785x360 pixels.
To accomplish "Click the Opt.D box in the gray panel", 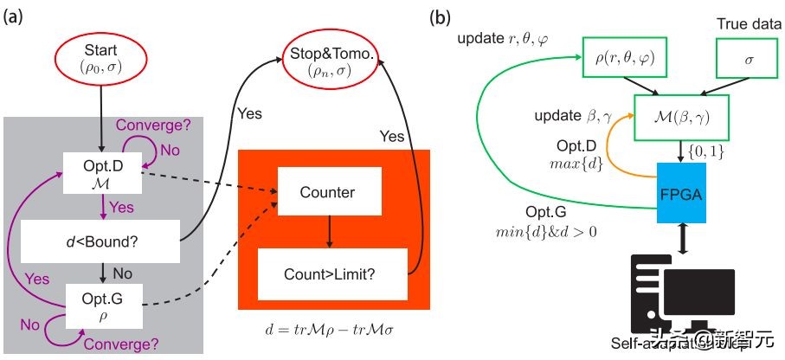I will (102, 171).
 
